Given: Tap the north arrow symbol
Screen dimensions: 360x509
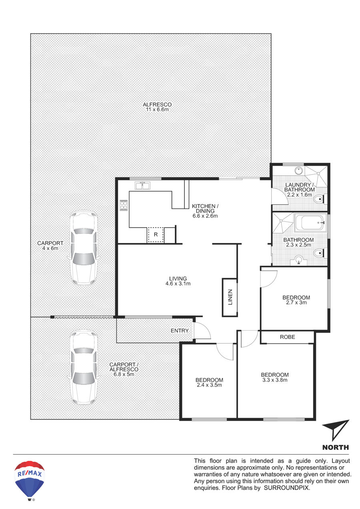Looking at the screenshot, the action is pos(335,430).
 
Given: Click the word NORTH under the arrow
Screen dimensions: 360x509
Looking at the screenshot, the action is pos(336,447).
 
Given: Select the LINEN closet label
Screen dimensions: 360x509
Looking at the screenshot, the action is pos(230,297).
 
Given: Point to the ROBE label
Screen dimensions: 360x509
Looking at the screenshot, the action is pos(287,337).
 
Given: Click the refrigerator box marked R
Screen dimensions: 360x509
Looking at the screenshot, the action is pos(156,234).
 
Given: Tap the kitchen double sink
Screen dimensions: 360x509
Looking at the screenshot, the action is pos(142,185).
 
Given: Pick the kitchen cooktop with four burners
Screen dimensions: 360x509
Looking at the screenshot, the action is pos(124,205).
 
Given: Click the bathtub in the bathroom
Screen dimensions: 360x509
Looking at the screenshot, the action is pos(310,222).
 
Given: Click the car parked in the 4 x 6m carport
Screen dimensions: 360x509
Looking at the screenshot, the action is pos(84,248).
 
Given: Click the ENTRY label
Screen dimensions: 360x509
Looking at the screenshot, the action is pos(180,331).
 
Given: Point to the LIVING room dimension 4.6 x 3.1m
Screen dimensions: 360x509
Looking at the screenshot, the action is pos(178,284).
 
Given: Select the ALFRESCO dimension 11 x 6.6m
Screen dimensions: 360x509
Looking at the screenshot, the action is pos(157,110).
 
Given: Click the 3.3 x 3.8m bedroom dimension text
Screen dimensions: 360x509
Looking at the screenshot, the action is pos(275,380).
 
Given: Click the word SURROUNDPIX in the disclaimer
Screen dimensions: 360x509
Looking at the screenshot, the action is pos(286,487).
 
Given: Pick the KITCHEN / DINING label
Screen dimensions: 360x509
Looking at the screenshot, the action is pos(205,208).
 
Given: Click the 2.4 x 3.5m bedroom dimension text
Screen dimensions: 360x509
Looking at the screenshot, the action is pos(209,385).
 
